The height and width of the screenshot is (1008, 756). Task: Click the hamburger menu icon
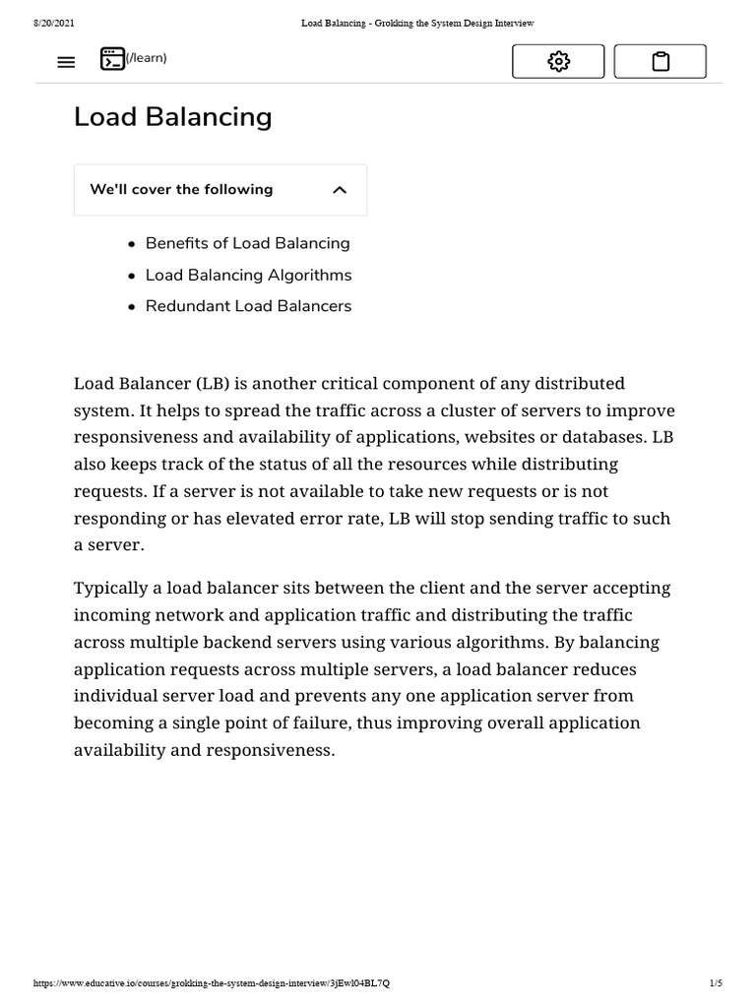66,62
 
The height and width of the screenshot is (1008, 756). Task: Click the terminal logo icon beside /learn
112,59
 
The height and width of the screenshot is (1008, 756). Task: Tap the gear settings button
558,61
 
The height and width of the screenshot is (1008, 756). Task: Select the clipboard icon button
661,61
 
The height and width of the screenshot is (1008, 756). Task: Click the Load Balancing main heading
172,116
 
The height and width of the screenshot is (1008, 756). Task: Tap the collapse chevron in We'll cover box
340,190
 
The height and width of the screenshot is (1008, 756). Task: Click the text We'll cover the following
181,189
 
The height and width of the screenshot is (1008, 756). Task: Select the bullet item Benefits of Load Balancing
247,243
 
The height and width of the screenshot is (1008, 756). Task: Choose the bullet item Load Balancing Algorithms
248,275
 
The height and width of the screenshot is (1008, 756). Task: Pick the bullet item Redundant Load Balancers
248,306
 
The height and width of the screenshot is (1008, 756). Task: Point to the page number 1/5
715,983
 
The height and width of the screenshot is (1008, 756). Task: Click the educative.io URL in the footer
218,983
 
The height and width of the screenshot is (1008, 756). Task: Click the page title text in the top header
416,23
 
